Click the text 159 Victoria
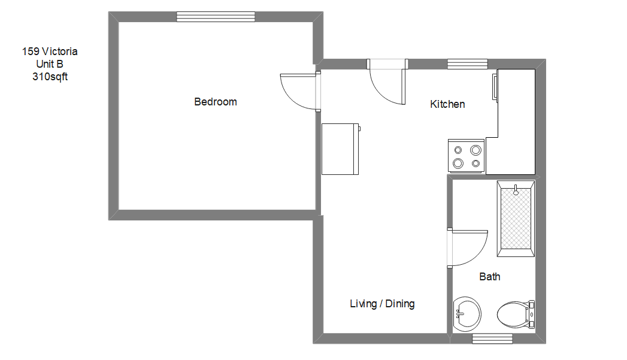pyautogui.click(x=50, y=52)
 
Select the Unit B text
pyautogui.click(x=50, y=64)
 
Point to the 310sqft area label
pyautogui.click(x=50, y=77)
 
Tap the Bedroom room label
pyautogui.click(x=216, y=102)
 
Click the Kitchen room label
pyautogui.click(x=447, y=104)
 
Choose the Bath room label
pyautogui.click(x=489, y=277)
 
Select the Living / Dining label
pyautogui.click(x=382, y=304)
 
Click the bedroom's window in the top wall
pyautogui.click(x=216, y=17)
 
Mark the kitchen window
pyautogui.click(x=467, y=64)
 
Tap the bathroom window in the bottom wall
pyautogui.click(x=492, y=338)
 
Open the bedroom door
pyautogui.click(x=299, y=92)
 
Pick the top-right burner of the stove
pyautogui.click(x=476, y=150)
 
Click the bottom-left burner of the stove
pyautogui.click(x=458, y=163)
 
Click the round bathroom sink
pyautogui.click(x=467, y=313)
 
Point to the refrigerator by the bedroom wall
pyautogui.click(x=340, y=149)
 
